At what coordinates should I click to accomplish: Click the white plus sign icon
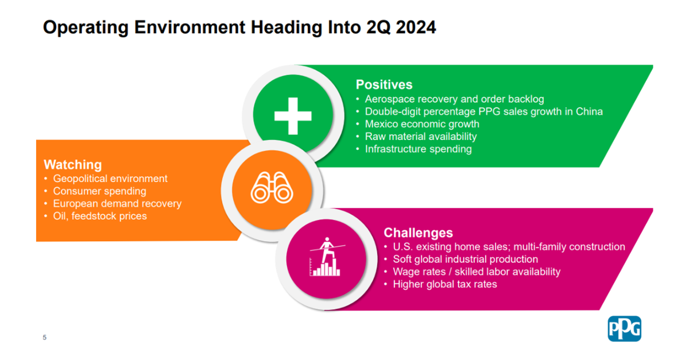293,116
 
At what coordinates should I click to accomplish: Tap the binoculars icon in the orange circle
272,188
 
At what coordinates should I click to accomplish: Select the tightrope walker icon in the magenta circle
327,257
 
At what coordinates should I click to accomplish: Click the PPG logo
625,328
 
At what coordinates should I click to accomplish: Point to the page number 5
45,338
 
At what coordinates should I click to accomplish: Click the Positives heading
384,84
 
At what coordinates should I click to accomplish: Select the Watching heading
72,165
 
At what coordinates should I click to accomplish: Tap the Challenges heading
419,233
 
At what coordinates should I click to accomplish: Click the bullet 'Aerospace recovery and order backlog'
454,99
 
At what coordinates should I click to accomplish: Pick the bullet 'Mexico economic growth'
422,124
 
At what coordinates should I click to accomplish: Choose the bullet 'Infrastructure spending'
419,149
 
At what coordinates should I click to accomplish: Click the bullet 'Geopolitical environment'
110,179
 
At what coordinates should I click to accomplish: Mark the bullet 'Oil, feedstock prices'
100,216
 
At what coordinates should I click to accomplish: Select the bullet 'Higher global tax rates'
445,284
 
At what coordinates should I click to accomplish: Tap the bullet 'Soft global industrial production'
466,259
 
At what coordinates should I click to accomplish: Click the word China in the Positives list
589,111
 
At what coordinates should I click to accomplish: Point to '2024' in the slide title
416,27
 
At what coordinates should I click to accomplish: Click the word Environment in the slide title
190,27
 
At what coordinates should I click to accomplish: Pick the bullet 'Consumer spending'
100,191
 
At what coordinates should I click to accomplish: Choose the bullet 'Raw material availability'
421,136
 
